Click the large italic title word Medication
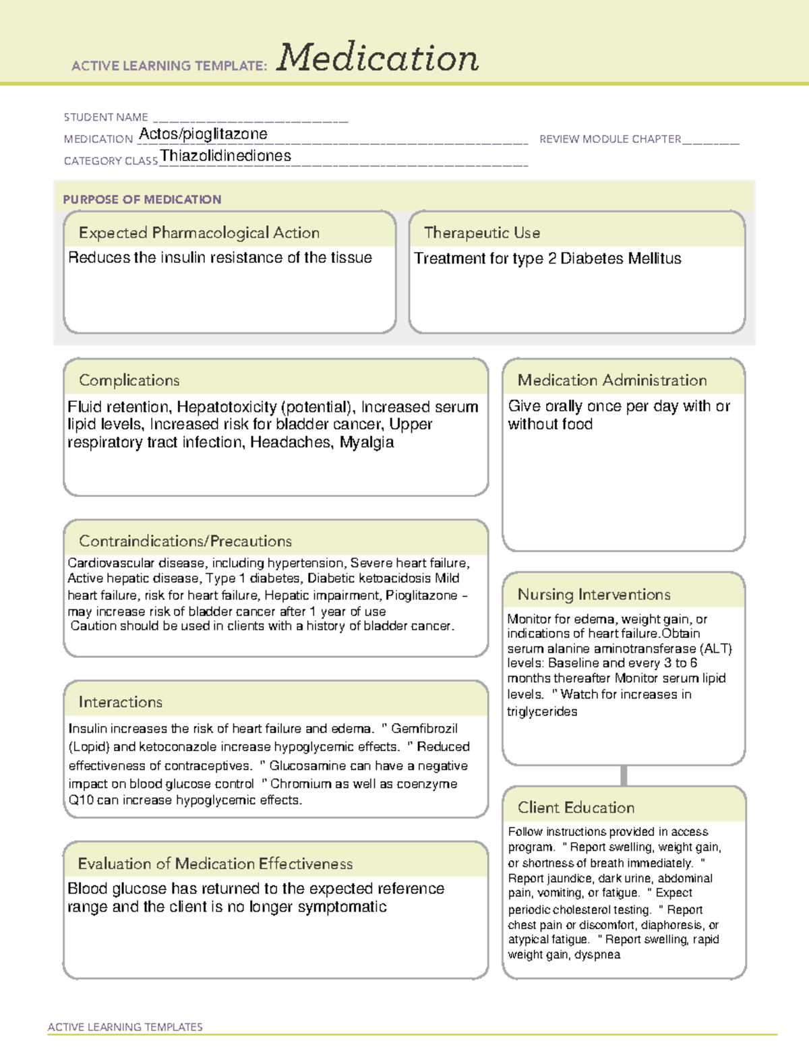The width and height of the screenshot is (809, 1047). (x=378, y=58)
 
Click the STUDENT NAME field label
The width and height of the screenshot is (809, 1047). (x=106, y=117)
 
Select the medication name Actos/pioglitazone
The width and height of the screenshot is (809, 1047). (x=203, y=134)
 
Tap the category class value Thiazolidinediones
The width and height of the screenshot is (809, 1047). (x=226, y=156)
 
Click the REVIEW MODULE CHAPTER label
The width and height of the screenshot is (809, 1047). (x=610, y=139)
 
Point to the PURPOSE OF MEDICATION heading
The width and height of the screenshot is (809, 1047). (x=142, y=200)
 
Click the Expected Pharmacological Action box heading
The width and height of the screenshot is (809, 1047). (x=199, y=233)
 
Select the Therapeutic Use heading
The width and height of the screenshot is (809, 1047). (x=482, y=233)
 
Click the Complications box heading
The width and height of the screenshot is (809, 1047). (x=129, y=380)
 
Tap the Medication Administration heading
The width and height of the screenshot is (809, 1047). (x=612, y=380)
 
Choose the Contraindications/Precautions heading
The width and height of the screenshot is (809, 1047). (x=185, y=541)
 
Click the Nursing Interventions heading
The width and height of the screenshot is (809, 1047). (x=594, y=594)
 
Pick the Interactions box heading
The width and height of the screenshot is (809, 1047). (x=121, y=702)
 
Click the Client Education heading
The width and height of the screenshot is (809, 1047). (x=576, y=807)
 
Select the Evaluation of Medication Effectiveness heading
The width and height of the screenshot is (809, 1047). (x=215, y=864)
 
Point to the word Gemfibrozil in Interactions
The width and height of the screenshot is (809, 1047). (x=424, y=729)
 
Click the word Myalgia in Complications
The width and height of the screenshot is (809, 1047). (x=367, y=442)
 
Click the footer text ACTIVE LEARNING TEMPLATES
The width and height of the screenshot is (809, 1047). (x=125, y=1027)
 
